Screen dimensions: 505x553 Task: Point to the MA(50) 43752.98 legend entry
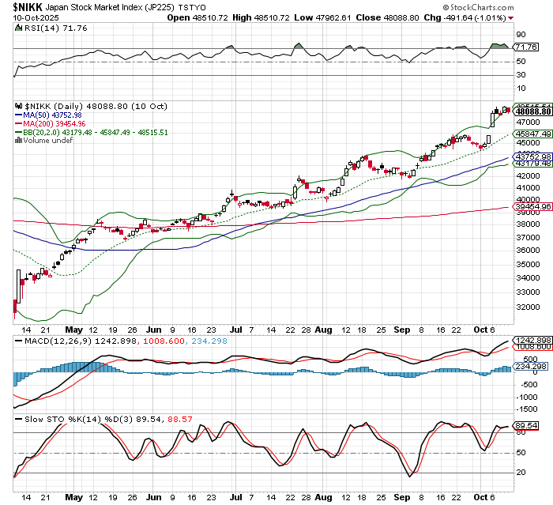click(53, 115)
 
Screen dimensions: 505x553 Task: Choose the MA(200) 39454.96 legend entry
click(55, 123)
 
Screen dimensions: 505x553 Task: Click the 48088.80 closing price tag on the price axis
click(532, 112)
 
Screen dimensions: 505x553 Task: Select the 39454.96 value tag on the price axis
click(532, 206)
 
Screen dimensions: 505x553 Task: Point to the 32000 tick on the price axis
click(526, 307)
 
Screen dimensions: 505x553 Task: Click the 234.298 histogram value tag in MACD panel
click(529, 366)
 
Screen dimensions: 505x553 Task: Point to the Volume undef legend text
click(44, 141)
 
